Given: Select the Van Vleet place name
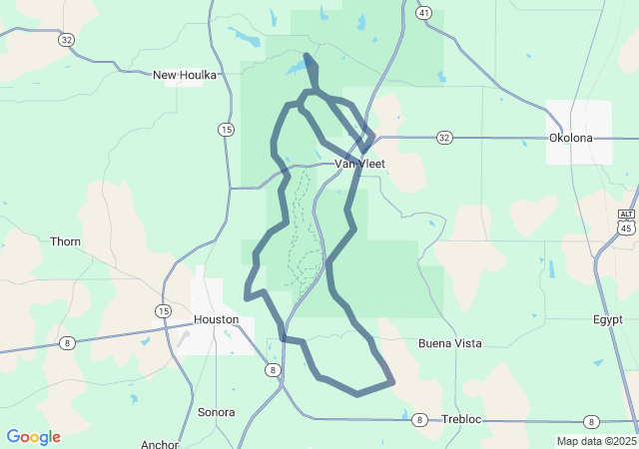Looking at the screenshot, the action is (358, 164).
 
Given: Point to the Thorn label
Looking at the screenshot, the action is (66, 241).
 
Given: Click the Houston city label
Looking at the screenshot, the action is (216, 319).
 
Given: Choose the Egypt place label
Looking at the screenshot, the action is (607, 320).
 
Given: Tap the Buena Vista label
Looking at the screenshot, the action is (449, 343).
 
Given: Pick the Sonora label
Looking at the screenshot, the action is (216, 412).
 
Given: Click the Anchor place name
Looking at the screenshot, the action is (160, 445).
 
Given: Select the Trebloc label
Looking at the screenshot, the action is (461, 420).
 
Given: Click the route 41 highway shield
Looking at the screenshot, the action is (424, 13).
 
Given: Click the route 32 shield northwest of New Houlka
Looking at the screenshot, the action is (66, 39).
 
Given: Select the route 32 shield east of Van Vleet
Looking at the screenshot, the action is (444, 137).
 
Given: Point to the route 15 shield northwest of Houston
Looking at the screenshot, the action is (162, 311).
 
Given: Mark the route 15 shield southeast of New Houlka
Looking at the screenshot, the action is (227, 130).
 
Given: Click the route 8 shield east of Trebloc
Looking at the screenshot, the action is (591, 421).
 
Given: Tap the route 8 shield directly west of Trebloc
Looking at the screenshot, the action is (420, 420).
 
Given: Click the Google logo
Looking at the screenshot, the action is (33, 437).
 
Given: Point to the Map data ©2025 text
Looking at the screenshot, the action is (596, 441).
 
